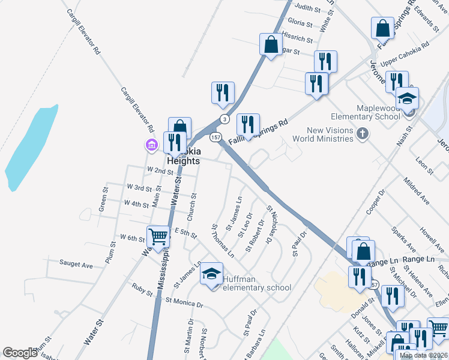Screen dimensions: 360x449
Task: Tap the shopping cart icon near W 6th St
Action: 158,236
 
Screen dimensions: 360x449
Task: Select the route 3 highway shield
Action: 224,118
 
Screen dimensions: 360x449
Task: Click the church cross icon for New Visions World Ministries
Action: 361,134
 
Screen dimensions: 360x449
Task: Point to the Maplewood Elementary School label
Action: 366,112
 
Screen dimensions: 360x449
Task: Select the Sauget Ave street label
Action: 76,264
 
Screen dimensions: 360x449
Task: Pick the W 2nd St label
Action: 160,172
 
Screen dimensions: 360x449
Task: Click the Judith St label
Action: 309,8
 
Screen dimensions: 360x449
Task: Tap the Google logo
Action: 20,353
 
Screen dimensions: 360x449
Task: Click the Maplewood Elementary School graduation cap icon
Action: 408,98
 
